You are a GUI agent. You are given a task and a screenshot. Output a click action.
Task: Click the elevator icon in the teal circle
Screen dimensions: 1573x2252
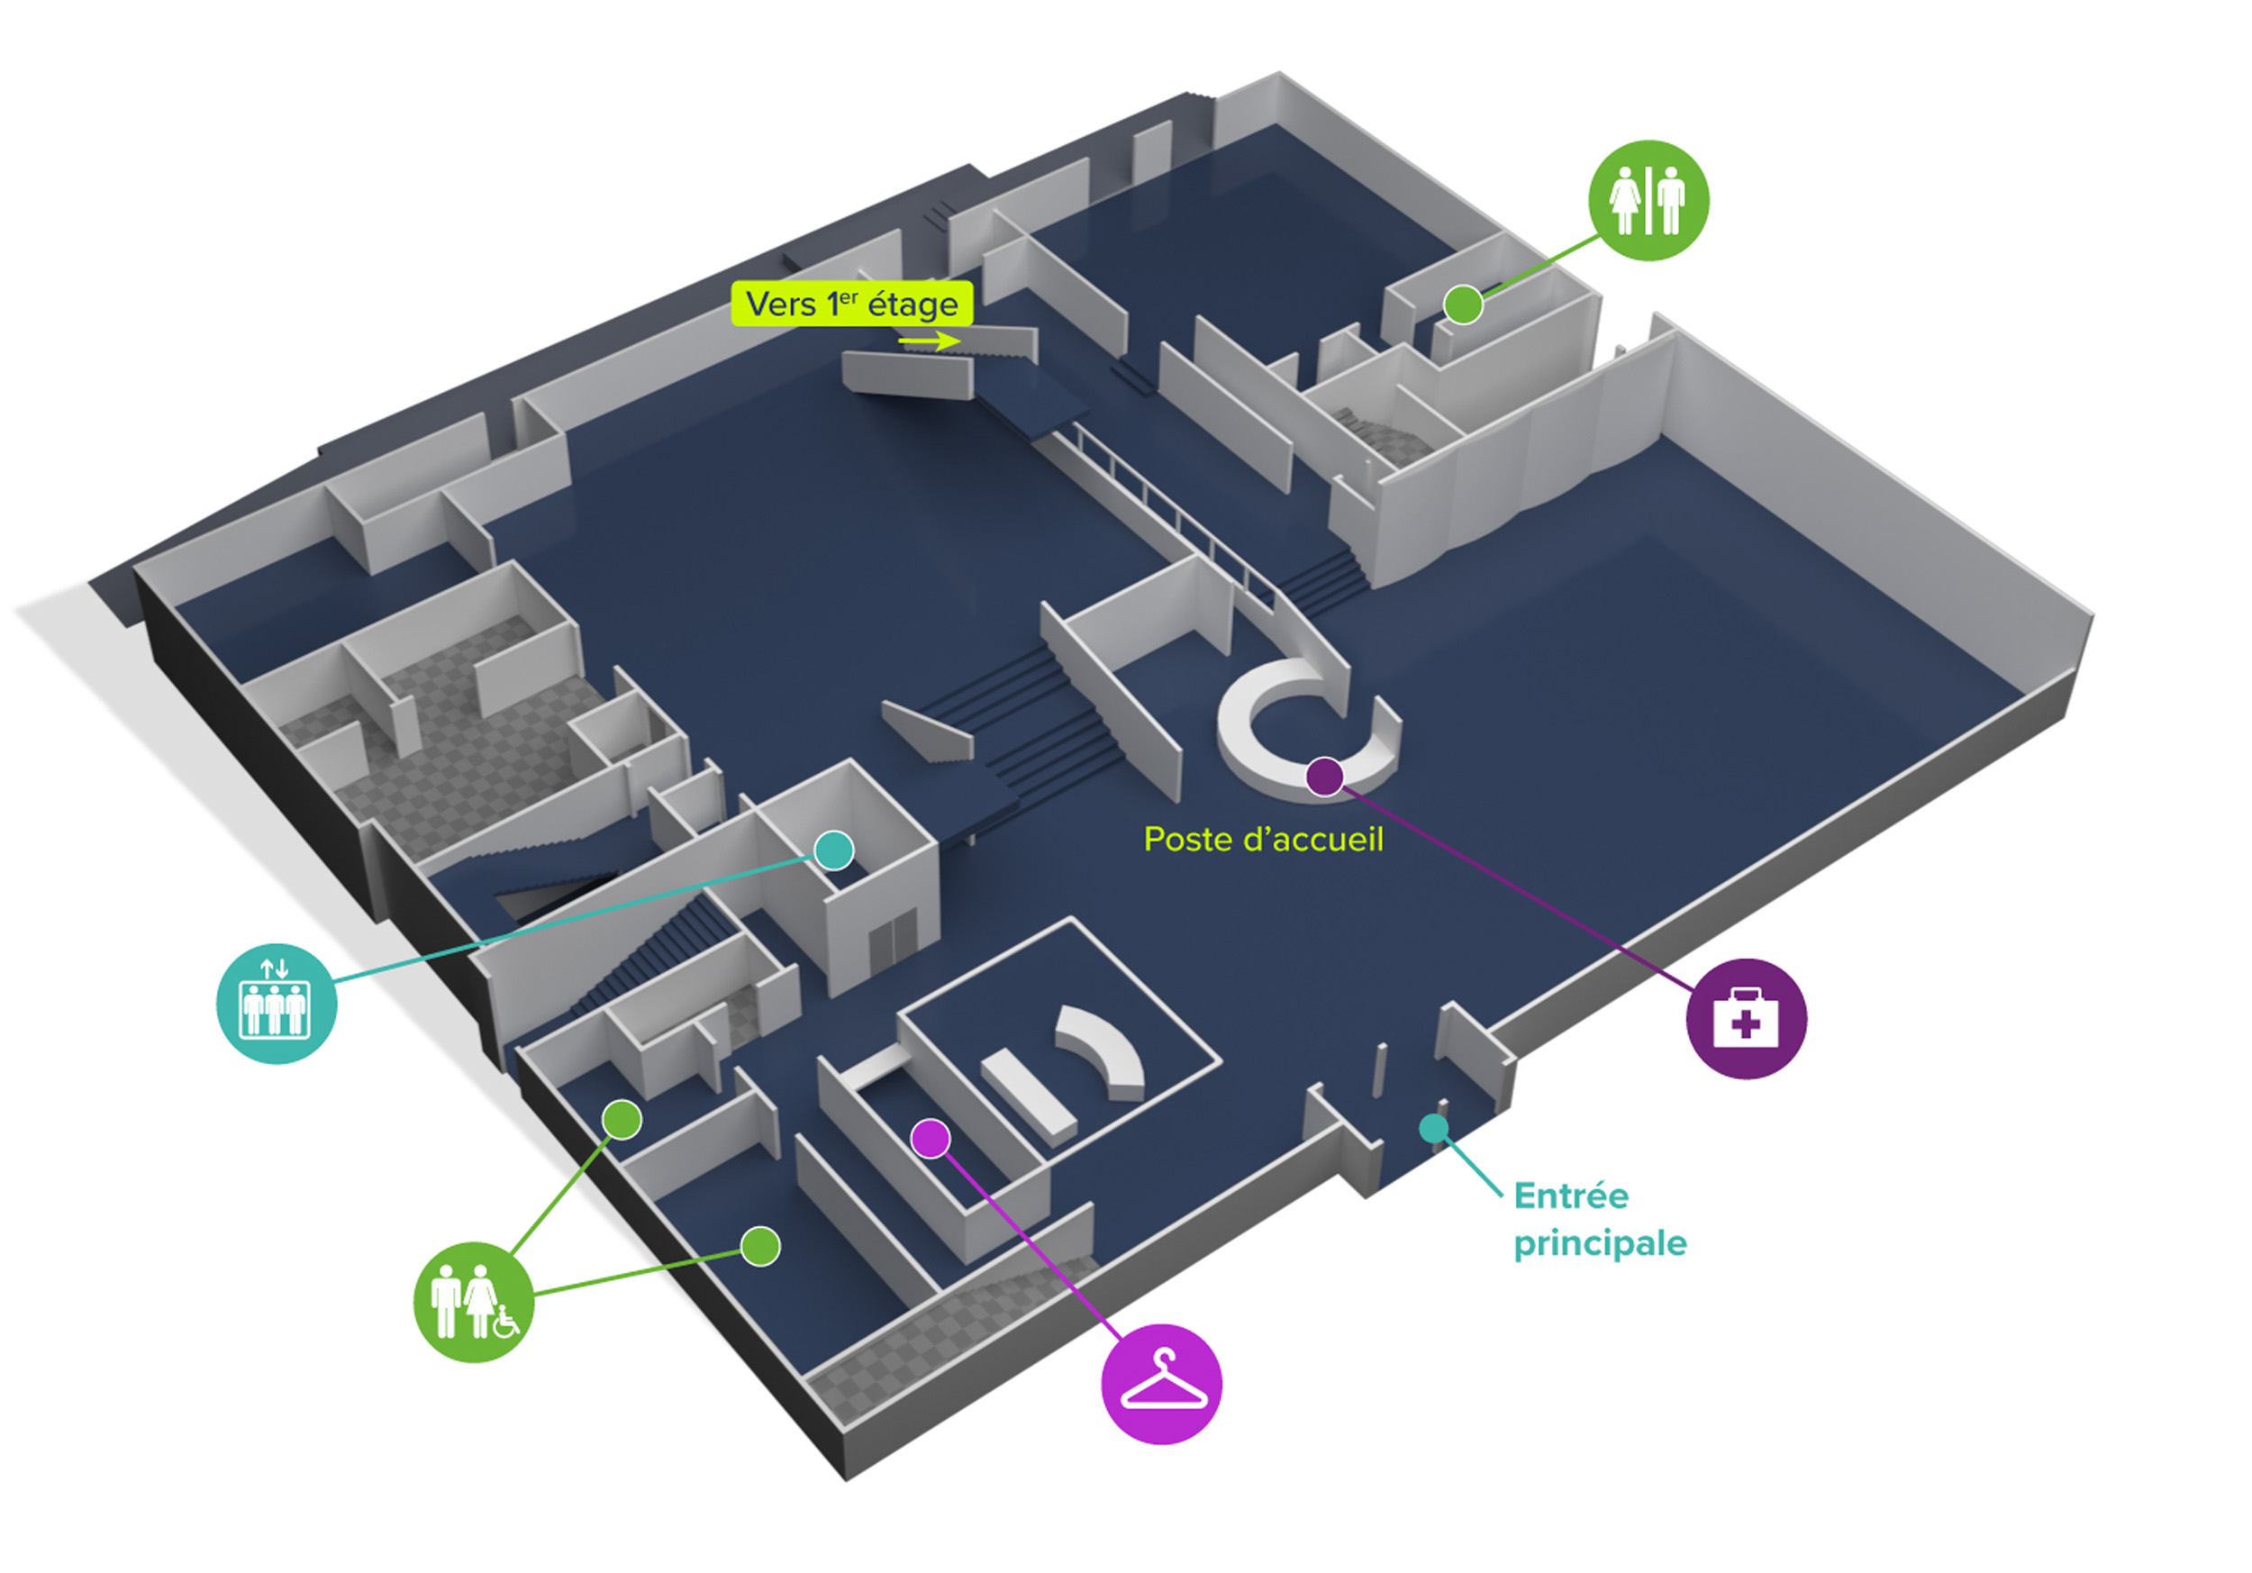click(276, 1004)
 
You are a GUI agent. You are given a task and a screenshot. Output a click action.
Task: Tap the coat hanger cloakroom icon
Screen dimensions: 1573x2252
click(1161, 1384)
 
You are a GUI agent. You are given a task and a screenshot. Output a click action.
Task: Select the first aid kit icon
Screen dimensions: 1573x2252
click(1746, 1018)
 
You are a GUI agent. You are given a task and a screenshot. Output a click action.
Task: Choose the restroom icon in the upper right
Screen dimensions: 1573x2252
click(1648, 200)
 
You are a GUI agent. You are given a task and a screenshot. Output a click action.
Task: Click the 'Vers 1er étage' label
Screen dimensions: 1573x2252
click(851, 304)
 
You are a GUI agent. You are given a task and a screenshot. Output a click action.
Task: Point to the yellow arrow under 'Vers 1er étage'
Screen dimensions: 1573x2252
click(929, 341)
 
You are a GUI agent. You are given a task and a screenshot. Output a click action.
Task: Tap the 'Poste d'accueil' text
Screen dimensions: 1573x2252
click(1263, 840)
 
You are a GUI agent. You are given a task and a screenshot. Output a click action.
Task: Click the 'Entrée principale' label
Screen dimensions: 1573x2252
click(1599, 1219)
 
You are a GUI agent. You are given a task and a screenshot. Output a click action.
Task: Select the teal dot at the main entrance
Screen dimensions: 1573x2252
click(1434, 1128)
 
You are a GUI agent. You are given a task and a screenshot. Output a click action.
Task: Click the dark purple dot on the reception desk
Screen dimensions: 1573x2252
click(1324, 776)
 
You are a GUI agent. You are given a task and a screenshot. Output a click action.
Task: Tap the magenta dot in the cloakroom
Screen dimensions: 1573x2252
click(930, 1139)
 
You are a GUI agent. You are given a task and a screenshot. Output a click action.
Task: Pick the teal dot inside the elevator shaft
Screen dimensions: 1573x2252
click(834, 850)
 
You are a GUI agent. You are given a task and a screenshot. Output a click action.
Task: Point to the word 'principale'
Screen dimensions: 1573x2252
click(1599, 1243)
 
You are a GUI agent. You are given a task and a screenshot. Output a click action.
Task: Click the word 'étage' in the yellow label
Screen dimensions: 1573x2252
click(913, 305)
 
